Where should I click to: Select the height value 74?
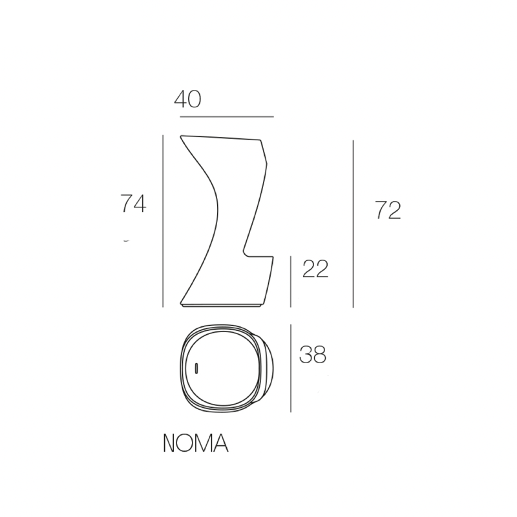(x=133, y=204)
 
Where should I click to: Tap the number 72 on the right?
(x=388, y=210)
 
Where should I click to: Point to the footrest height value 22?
(x=315, y=269)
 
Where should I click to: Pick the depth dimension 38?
(x=313, y=354)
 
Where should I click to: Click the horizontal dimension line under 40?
(x=227, y=117)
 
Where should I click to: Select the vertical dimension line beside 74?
(x=163, y=221)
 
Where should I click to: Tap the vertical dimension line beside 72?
(x=353, y=224)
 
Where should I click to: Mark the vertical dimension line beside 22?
(x=290, y=282)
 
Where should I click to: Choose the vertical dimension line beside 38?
(x=290, y=368)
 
